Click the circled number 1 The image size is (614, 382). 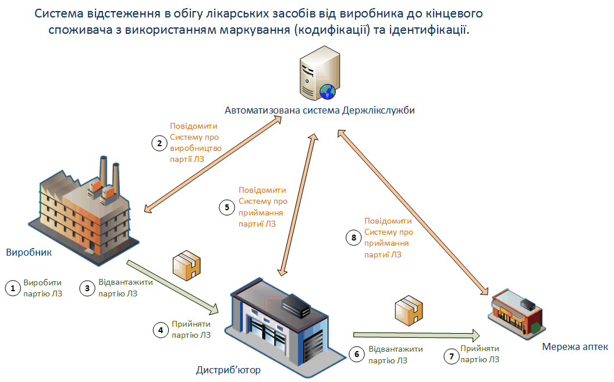[x=13, y=288]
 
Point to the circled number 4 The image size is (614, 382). [x=160, y=330]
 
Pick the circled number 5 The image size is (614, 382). [x=228, y=207]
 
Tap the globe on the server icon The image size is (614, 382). [x=327, y=91]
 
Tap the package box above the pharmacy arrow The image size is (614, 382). [x=408, y=310]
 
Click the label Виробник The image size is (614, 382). [x=29, y=253]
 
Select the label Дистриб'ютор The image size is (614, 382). [x=228, y=370]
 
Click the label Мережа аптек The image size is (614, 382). [x=575, y=347]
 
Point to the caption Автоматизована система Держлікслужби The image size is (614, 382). [x=320, y=110]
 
